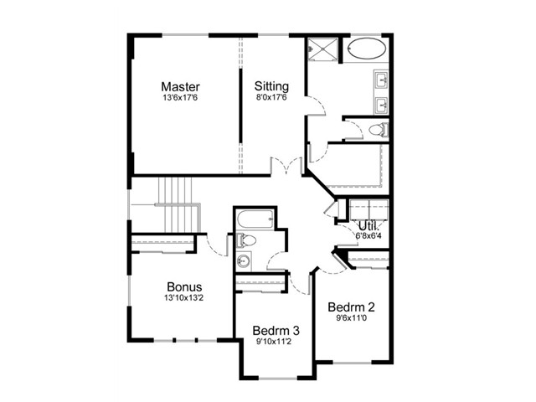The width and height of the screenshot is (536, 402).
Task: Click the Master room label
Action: pos(180,86)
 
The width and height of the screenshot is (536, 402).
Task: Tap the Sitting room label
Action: pos(271,86)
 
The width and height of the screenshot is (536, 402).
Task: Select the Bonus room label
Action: pos(184,286)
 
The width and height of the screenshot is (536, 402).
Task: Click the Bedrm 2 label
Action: pos(351,307)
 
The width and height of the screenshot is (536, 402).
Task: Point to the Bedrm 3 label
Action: pos(276,331)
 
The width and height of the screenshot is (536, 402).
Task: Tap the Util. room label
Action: pos(368,226)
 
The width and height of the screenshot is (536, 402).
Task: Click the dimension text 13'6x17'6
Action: pos(180,98)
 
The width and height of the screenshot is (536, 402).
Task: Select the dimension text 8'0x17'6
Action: pos(271,97)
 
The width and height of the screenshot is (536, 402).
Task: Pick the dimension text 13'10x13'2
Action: pos(184,298)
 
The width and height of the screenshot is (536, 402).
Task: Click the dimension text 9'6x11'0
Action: pos(351,318)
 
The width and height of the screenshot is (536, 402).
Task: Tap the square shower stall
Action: pos(322,49)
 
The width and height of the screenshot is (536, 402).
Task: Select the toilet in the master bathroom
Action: pos(379,130)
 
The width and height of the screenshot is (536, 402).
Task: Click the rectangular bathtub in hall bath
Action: pos(255,219)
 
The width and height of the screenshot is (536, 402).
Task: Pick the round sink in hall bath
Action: pos(244,261)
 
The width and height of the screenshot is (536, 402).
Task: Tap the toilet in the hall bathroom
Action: pos(245,240)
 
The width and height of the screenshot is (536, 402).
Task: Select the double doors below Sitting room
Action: pos(286,166)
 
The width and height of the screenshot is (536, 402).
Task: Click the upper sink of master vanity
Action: pos(381,80)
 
